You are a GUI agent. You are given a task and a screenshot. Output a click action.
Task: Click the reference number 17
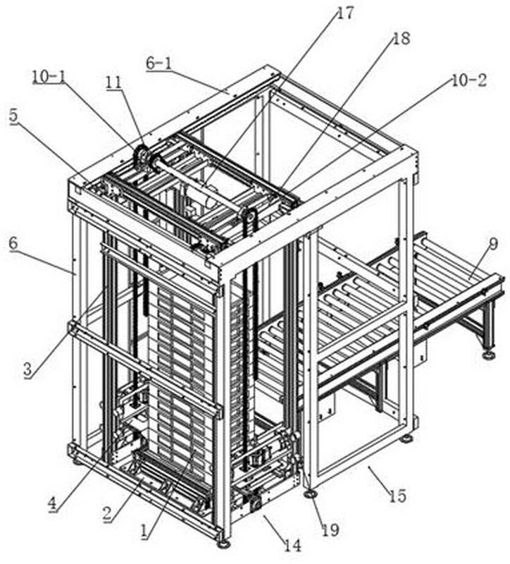click(x=346, y=13)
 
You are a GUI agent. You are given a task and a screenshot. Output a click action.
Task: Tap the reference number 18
click(x=401, y=39)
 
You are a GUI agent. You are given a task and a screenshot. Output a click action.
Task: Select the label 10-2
click(x=468, y=80)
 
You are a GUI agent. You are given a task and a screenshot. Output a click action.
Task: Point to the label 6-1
click(x=159, y=63)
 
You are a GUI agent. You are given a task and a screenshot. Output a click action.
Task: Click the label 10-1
click(x=49, y=77)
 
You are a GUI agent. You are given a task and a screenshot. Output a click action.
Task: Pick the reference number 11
click(x=113, y=82)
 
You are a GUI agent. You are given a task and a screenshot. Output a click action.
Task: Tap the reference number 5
click(x=13, y=116)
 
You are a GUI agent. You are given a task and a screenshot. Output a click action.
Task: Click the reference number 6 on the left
click(x=13, y=243)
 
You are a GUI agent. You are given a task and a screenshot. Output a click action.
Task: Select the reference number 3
click(x=27, y=370)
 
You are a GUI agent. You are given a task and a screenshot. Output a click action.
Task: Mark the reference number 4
click(x=53, y=503)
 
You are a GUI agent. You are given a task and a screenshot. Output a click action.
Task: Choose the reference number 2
click(x=107, y=514)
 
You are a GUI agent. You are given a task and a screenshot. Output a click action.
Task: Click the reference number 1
click(x=144, y=531)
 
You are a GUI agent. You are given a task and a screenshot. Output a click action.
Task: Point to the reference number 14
click(x=292, y=546)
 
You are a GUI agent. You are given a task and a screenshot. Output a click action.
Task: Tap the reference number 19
click(x=330, y=529)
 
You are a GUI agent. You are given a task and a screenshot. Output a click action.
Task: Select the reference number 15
click(x=398, y=496)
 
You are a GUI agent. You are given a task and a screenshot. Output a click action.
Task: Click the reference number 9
click(x=494, y=244)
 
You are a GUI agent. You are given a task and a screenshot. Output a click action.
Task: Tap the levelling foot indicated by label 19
click(x=310, y=494)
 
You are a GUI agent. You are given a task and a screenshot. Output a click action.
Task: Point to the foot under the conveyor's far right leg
click(x=489, y=355)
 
